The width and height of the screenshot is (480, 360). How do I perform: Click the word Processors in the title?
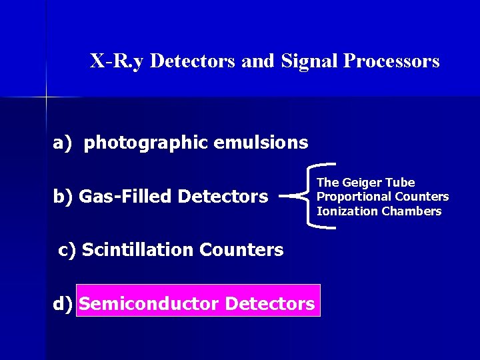[x=391, y=61]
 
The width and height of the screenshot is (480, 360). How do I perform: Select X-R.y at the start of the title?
[x=118, y=61]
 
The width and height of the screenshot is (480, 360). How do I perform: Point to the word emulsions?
[x=269, y=143]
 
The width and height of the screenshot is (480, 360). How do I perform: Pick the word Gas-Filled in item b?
[x=126, y=197]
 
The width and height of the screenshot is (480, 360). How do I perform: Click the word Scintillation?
[x=137, y=250]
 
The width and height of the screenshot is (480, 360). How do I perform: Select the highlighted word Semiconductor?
[x=149, y=304]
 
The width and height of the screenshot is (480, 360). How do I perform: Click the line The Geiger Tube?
[x=365, y=183]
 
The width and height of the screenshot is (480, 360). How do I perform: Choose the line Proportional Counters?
[x=383, y=197]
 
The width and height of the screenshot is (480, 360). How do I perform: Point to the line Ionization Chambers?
[x=379, y=211]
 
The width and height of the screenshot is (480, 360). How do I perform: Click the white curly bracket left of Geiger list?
[x=305, y=196]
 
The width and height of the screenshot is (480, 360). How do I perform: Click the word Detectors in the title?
[x=193, y=61]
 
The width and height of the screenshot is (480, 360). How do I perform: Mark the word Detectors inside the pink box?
[x=270, y=304]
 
